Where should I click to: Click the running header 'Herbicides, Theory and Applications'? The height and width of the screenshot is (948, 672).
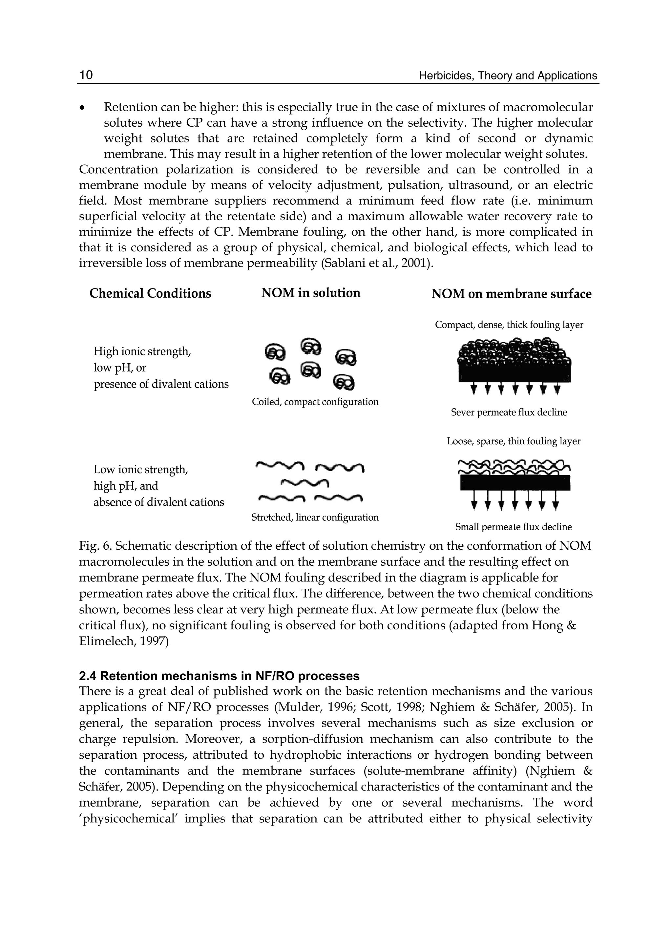[508, 76]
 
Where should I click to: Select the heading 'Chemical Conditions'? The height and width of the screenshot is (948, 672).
[150, 293]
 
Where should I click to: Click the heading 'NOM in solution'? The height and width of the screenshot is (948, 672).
[310, 293]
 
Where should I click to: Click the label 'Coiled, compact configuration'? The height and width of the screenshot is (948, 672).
[315, 402]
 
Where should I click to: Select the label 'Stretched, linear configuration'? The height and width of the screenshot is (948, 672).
[315, 517]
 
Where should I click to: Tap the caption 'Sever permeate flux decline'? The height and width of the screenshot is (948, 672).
[509, 412]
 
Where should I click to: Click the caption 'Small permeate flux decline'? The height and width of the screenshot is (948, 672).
[513, 527]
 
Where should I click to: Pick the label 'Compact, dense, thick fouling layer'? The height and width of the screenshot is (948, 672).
[509, 325]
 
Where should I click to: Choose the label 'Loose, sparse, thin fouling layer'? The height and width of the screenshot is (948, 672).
[514, 441]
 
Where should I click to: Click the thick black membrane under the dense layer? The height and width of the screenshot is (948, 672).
[514, 372]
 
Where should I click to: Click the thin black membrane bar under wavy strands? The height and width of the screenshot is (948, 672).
[515, 482]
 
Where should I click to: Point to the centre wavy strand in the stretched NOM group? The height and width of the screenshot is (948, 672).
[304, 482]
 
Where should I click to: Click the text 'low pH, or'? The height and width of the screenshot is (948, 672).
[120, 368]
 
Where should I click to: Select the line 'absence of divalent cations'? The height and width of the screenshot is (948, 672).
[158, 502]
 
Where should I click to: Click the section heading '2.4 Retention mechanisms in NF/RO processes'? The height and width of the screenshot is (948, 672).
[219, 676]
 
